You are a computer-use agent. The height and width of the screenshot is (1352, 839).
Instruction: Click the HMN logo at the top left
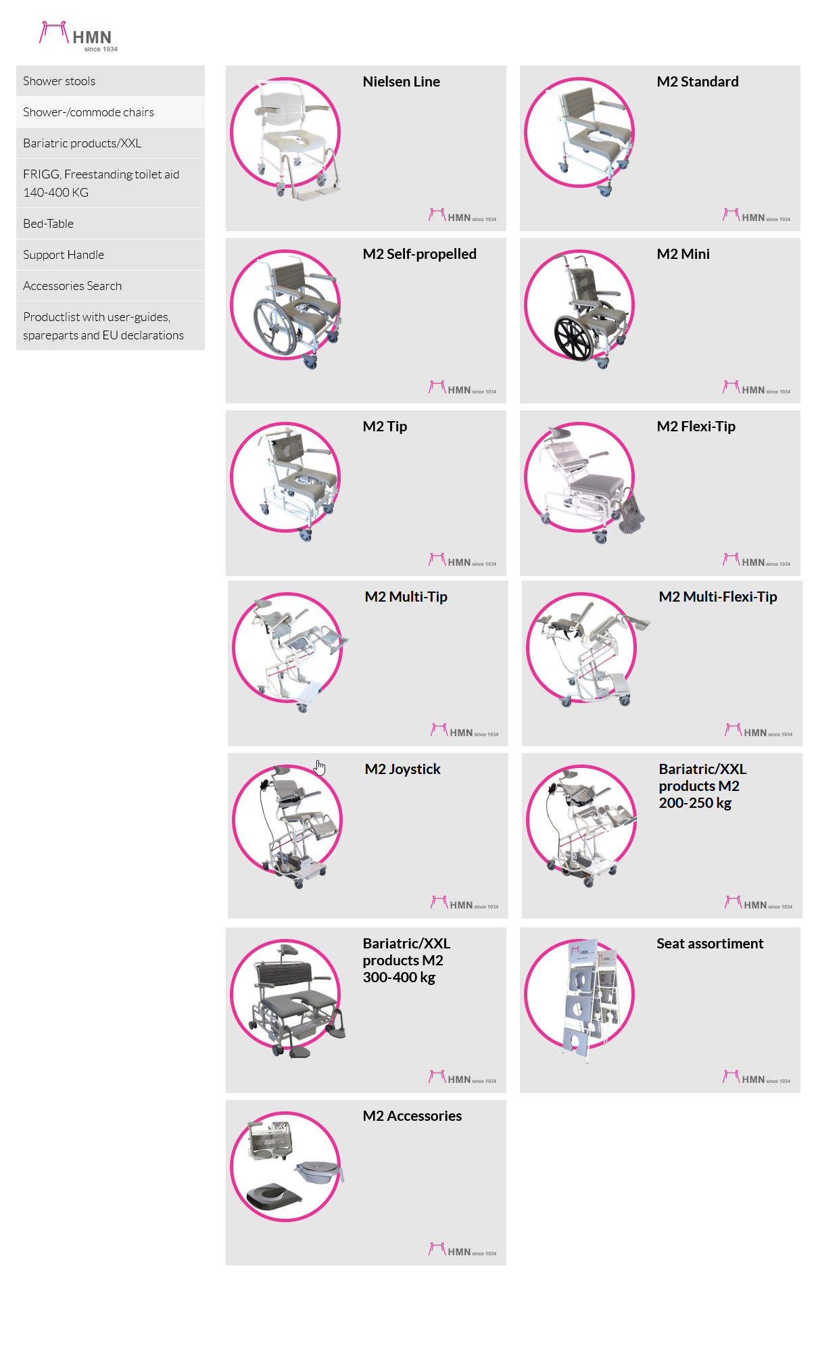coord(78,37)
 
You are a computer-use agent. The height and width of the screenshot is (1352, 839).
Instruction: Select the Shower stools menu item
coord(59,81)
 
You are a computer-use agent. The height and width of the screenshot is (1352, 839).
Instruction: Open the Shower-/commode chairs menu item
coord(89,112)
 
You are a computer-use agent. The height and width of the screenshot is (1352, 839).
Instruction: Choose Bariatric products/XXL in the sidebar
coord(82,143)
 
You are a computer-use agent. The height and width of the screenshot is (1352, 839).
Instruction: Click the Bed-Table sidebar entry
coord(49,224)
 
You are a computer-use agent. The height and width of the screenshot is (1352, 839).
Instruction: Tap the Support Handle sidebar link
coord(64,255)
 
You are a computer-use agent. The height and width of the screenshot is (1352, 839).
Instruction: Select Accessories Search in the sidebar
coord(72,286)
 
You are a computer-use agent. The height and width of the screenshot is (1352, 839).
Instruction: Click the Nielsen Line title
coord(401,82)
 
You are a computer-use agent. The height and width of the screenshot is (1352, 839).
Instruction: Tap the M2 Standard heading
coord(697,82)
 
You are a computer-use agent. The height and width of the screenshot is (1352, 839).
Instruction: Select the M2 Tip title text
coord(385,427)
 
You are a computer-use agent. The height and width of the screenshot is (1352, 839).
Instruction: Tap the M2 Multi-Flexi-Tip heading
coord(717,597)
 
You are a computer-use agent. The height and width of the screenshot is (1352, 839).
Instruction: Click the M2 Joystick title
coord(402,769)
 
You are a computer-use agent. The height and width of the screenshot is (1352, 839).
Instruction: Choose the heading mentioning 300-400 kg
coord(406,961)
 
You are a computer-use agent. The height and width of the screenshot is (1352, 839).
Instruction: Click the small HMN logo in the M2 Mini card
coord(756,389)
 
